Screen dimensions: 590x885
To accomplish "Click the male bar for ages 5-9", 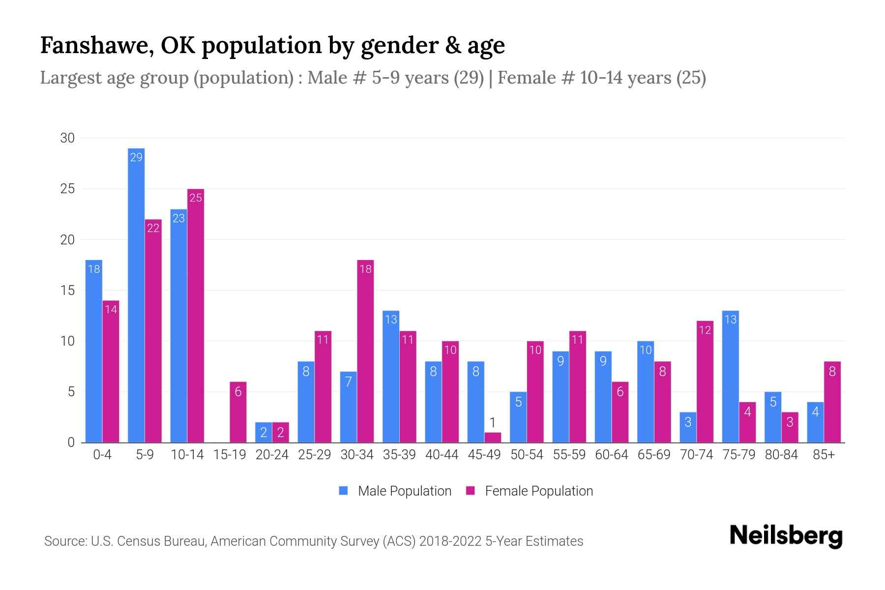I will click(x=136, y=295).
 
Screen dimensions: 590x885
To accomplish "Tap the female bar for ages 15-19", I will click(x=238, y=412).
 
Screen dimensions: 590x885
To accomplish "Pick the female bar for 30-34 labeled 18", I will click(x=365, y=351).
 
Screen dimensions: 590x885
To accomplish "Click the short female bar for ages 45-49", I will click(x=493, y=437).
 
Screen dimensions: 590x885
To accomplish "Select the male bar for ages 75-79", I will click(x=731, y=377).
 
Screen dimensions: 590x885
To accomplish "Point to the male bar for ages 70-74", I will click(x=688, y=427).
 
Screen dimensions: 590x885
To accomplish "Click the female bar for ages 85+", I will click(x=832, y=402).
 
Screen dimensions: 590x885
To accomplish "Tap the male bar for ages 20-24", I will click(x=264, y=432).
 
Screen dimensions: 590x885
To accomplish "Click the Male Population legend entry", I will click(x=395, y=491).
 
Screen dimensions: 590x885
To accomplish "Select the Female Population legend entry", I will click(x=530, y=491).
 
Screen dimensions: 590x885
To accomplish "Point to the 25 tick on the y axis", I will click(x=67, y=189).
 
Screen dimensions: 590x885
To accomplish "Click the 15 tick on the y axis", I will click(x=67, y=290).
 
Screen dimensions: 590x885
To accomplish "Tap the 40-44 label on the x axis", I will click(x=442, y=455).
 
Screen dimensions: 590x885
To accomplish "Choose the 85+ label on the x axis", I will click(x=824, y=455).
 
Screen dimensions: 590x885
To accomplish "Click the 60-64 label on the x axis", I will click(x=611, y=455).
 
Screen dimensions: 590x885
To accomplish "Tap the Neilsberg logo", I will click(x=786, y=536).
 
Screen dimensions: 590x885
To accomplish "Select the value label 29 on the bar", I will click(x=136, y=157).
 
